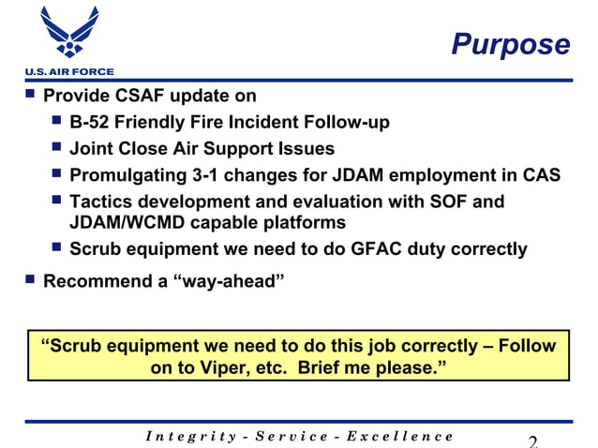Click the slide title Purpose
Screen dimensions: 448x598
(510, 44)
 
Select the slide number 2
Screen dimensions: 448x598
(533, 441)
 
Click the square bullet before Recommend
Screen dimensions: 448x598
(30, 279)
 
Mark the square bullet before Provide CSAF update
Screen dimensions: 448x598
(30, 95)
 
